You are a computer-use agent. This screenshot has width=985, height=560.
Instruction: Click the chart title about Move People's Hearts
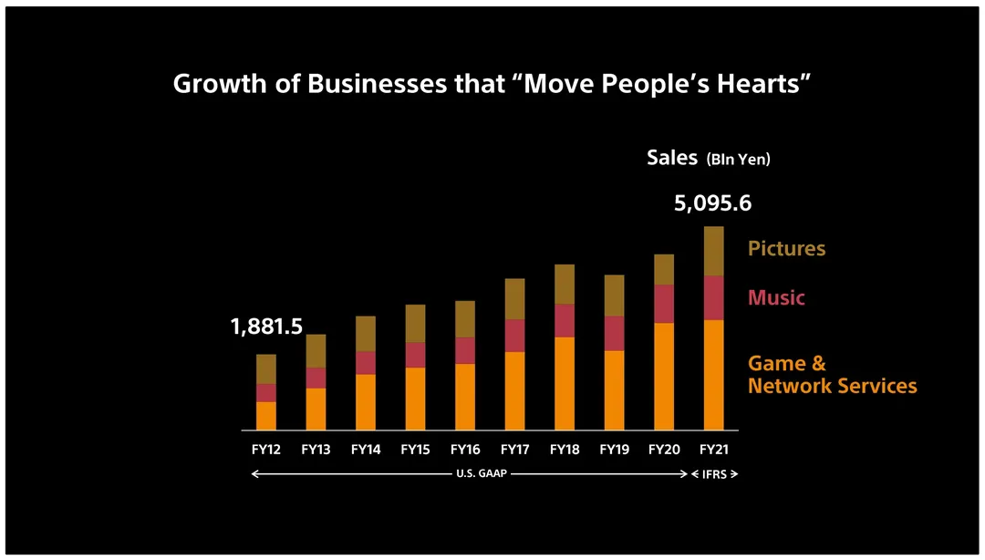(493, 84)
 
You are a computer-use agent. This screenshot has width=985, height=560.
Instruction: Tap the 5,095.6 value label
(712, 203)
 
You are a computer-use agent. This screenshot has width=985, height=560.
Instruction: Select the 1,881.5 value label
(266, 327)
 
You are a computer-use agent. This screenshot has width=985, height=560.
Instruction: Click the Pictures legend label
(786, 249)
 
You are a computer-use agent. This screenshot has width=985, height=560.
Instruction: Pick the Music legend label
(776, 298)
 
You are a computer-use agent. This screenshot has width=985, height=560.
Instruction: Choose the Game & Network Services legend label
(832, 375)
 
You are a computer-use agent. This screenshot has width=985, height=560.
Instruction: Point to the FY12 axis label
(266, 450)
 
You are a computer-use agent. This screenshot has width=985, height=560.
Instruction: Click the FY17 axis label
(514, 450)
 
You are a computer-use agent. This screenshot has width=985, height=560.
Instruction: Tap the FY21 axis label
(713, 450)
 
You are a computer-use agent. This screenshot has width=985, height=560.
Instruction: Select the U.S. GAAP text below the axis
(481, 474)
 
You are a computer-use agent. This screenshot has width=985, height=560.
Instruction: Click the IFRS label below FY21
(714, 474)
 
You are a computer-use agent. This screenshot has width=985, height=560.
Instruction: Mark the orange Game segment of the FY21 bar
(713, 374)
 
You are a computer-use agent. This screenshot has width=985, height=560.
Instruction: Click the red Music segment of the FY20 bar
(664, 304)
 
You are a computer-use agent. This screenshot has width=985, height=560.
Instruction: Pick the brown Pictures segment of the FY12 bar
(266, 368)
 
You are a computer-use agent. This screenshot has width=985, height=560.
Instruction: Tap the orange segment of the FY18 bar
(565, 383)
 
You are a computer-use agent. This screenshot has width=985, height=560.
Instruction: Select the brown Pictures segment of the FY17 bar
(514, 299)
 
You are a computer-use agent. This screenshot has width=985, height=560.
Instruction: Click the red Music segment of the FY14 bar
(366, 363)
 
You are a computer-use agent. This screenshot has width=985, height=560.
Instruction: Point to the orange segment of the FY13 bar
(316, 409)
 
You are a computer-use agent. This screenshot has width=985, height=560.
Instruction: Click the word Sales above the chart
(672, 157)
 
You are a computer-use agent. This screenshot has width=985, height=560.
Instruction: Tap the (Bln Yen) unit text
(738, 160)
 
